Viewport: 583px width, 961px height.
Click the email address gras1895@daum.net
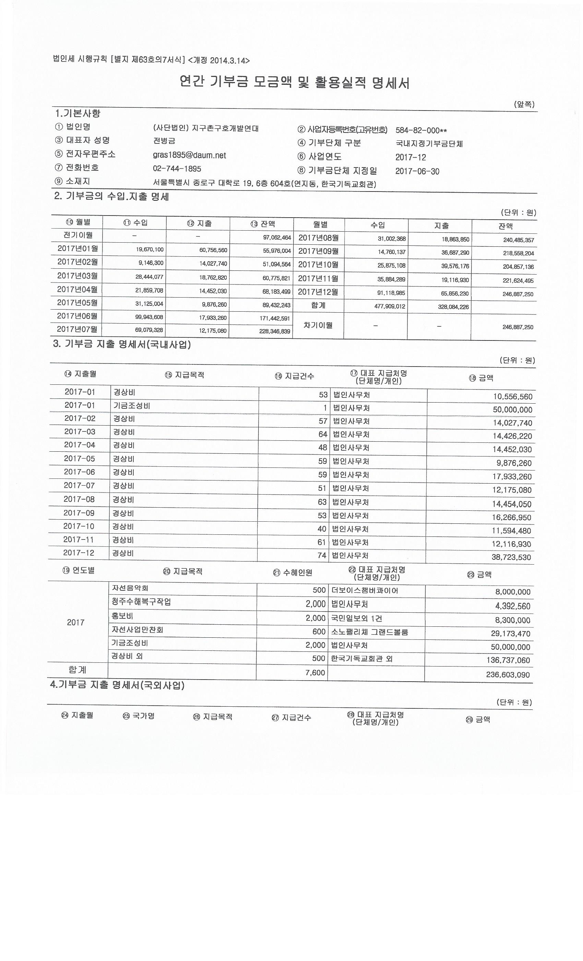(x=189, y=155)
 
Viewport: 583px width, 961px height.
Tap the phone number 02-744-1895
(x=177, y=169)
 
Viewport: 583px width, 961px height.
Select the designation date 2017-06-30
(x=417, y=171)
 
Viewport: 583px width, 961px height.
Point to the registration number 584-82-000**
(x=421, y=130)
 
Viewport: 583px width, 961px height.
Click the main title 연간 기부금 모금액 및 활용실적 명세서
(x=294, y=82)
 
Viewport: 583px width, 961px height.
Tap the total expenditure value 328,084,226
(x=453, y=307)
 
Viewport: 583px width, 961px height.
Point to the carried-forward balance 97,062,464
(x=277, y=237)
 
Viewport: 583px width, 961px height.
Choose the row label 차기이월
(x=318, y=325)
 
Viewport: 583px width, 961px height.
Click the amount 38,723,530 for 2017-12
(x=511, y=557)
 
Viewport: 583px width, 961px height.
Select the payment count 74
(x=322, y=555)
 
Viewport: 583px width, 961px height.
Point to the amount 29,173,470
(x=511, y=633)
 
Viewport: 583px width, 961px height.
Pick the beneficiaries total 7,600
(x=315, y=672)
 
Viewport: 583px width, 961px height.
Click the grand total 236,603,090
(x=508, y=675)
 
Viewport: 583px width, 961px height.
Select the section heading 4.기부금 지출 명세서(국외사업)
(x=117, y=685)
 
